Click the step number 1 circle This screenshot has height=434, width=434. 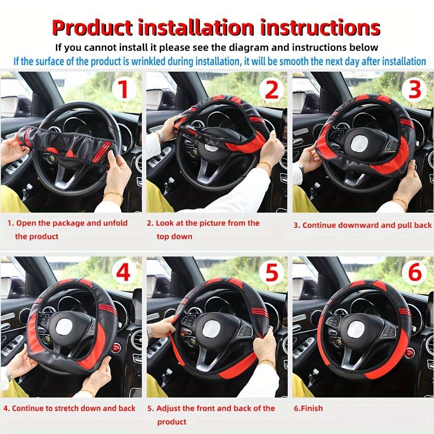pyautogui.click(x=124, y=89)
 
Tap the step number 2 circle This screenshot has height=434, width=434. pyautogui.click(x=271, y=89)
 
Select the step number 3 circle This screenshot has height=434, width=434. pyautogui.click(x=415, y=89)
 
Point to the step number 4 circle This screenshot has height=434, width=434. pyautogui.click(x=124, y=273)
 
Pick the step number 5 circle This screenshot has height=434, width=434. pyautogui.click(x=271, y=273)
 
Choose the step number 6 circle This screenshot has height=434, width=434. pyautogui.click(x=415, y=273)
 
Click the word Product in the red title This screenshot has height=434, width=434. pyautogui.click(x=92, y=28)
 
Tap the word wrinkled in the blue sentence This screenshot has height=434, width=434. pyautogui.click(x=174, y=61)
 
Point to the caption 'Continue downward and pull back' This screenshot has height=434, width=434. pyautogui.click(x=367, y=225)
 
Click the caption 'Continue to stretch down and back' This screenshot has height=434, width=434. pyautogui.click(x=73, y=408)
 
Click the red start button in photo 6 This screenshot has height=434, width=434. pyautogui.click(x=409, y=353)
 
